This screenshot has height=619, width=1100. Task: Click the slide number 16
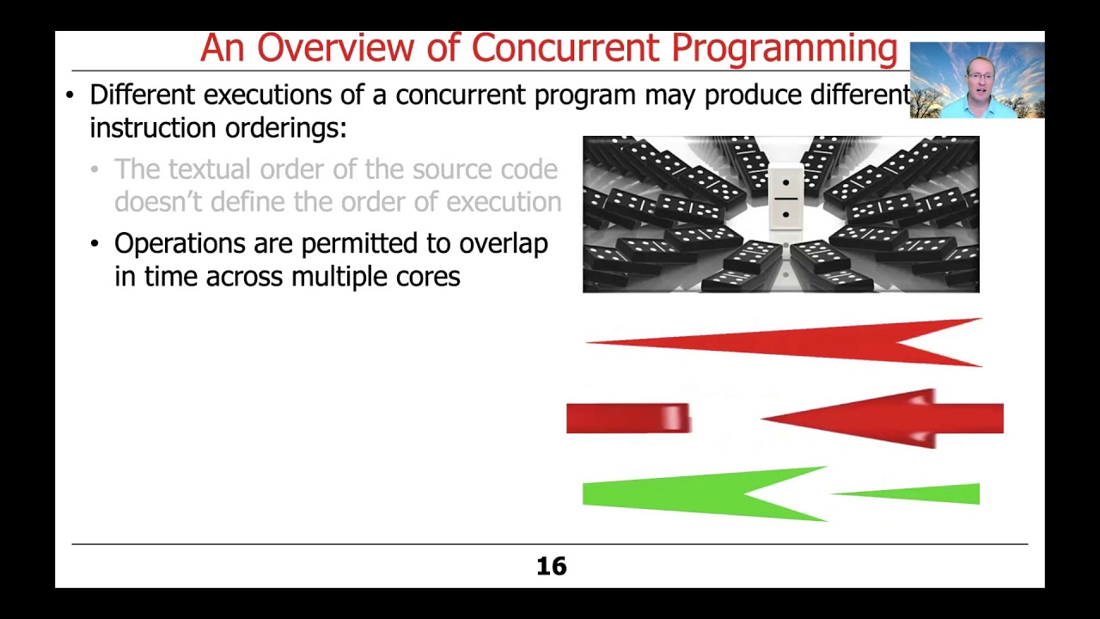coord(551,567)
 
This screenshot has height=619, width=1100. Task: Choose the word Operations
coord(180,244)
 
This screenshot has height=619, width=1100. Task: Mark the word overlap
coord(503,244)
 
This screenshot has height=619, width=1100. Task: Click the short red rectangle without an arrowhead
coord(628,419)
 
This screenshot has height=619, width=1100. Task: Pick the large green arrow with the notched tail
coord(687,494)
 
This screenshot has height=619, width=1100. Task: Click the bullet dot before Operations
coord(95,244)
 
